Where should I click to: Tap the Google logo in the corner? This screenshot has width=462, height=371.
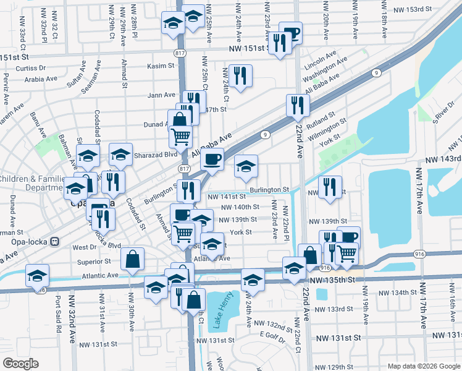20,363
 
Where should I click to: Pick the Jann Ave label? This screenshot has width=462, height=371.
161,95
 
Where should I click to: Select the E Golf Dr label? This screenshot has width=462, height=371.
271,335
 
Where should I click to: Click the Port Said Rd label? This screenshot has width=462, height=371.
59,316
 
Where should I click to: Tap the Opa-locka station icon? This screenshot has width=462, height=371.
54,241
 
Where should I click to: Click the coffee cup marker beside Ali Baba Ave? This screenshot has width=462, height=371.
212,160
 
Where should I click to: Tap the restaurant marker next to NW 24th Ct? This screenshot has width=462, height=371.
240,75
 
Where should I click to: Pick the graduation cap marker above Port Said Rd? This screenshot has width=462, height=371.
38,275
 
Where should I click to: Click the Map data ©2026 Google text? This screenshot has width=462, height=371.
423,365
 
